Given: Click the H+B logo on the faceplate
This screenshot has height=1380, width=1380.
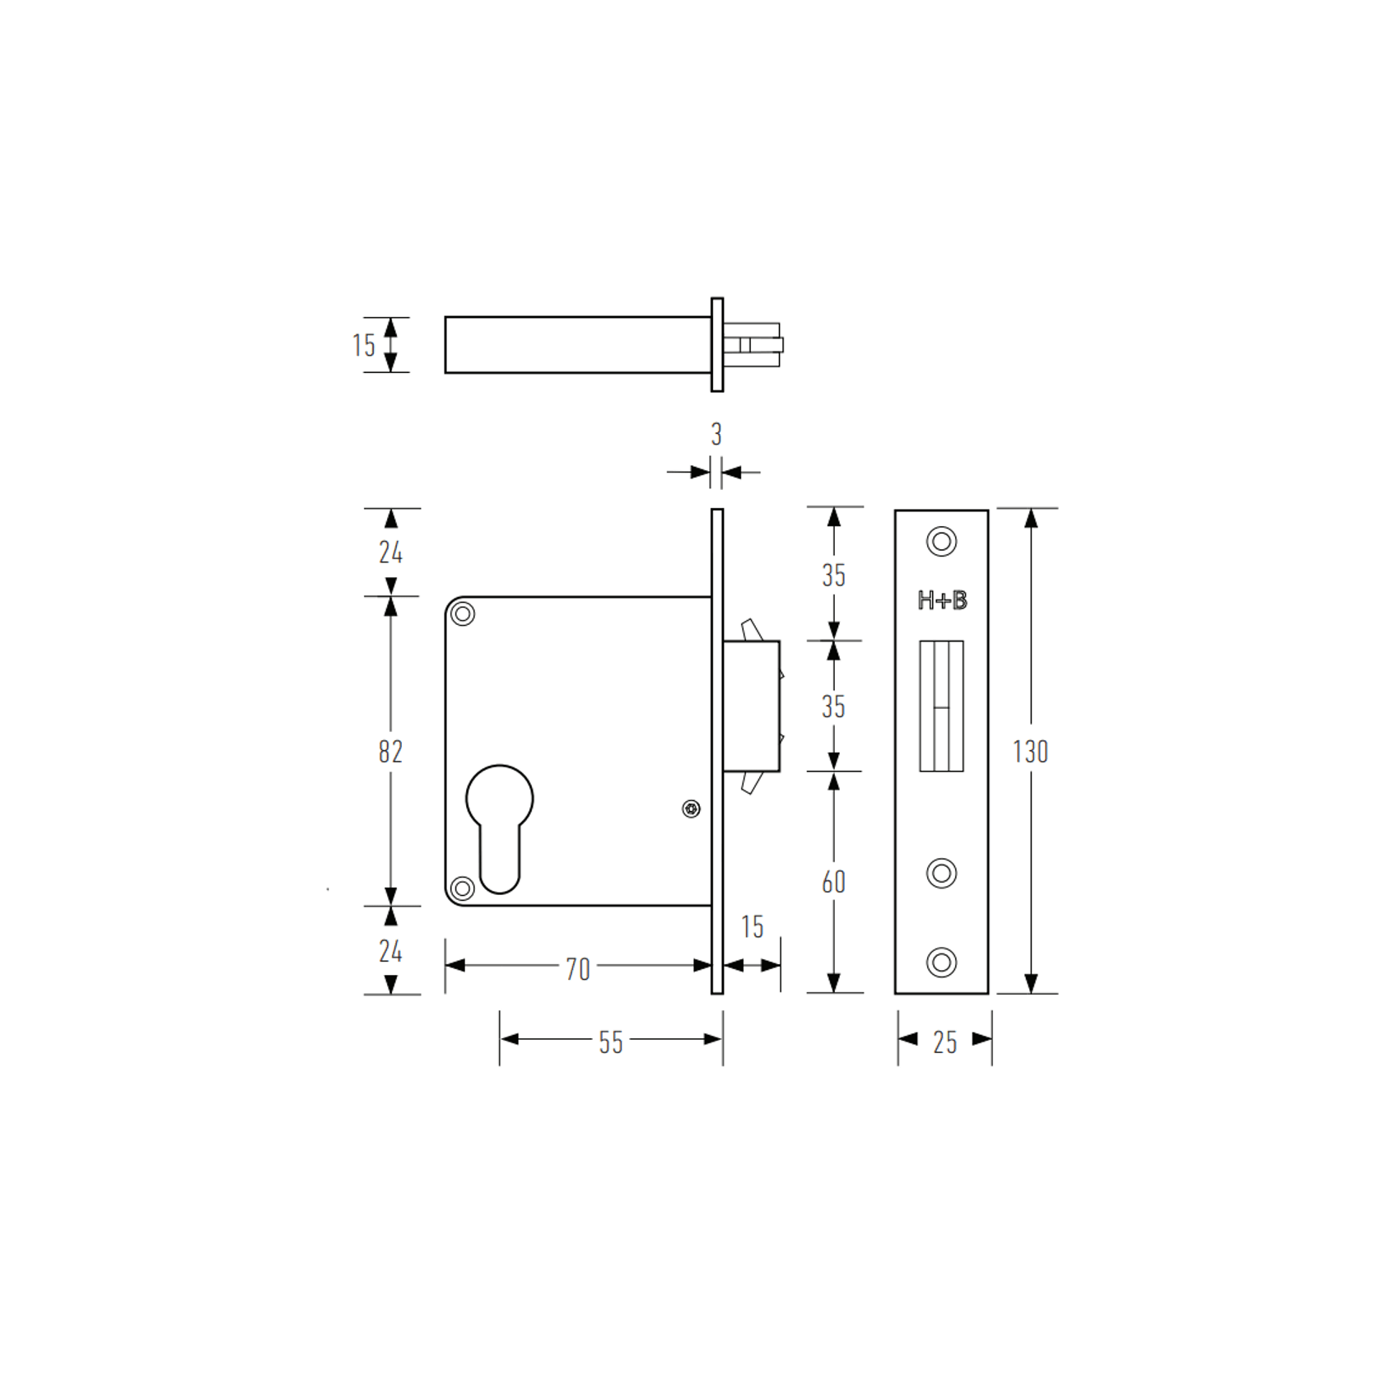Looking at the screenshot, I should coord(942,600).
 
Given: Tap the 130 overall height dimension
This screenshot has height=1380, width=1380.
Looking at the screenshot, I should coord(1029,751).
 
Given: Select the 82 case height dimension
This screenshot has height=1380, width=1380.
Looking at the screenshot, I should coord(390,751).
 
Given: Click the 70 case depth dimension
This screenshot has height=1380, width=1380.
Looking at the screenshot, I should coord(577,968).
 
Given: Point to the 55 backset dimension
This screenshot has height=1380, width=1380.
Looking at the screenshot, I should coord(610,1042).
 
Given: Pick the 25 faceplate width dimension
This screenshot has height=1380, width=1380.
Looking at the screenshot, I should coord(944,1042).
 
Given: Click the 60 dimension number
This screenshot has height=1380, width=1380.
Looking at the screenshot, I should coord(833,882).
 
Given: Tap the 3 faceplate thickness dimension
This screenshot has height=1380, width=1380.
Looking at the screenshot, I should coord(716,434).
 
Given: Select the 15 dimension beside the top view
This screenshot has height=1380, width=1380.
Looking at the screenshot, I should coord(363,345).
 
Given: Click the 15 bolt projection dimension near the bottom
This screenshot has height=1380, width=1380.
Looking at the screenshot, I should coord(752,927).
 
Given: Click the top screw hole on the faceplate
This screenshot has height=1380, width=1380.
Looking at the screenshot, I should coord(941,542).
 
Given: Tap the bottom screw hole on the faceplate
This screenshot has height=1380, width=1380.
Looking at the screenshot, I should coord(941,962).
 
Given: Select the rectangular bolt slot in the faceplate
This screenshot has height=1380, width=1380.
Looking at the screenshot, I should coord(941,706).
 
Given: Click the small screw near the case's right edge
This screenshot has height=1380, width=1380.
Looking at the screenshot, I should coord(691,809).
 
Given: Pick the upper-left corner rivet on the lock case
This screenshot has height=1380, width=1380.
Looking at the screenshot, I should coord(464,614).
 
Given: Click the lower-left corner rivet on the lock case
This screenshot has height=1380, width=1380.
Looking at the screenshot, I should coord(463,888).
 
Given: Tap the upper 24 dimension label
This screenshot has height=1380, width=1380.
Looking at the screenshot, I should coord(390,552).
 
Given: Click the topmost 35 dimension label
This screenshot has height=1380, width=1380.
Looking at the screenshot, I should coord(833,576).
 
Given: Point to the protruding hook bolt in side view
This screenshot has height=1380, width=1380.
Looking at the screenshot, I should coord(752,706).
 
